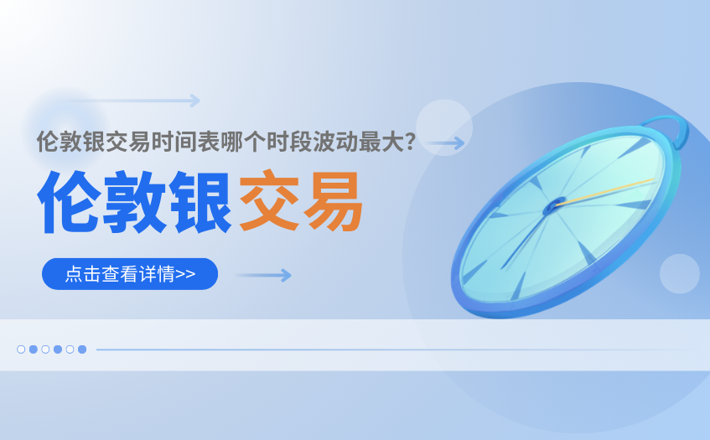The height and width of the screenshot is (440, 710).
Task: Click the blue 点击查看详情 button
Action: pyautogui.click(x=130, y=274)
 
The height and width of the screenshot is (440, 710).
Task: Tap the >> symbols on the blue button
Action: pyautogui.click(x=185, y=274)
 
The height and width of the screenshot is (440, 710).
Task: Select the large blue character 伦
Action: pyautogui.click(x=69, y=202)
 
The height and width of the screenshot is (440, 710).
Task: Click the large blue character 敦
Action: pyautogui.click(x=134, y=202)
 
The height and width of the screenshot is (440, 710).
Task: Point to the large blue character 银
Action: pyautogui.click(x=200, y=202)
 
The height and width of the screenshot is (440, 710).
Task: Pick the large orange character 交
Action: pyautogui.click(x=269, y=200)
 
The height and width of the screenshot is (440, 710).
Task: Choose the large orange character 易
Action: pyautogui.click(x=333, y=201)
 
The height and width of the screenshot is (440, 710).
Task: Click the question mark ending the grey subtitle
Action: pyautogui.click(x=411, y=142)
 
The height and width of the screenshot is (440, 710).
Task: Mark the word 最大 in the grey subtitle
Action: pyautogui.click(x=381, y=142)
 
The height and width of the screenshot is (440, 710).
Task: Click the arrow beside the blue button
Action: pyautogui.click(x=263, y=275)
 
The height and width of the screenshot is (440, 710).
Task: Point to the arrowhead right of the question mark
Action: pyautogui.click(x=459, y=143)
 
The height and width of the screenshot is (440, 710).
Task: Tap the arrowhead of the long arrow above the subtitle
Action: pyautogui.click(x=195, y=101)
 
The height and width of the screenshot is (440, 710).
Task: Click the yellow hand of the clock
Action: pyautogui.click(x=605, y=193)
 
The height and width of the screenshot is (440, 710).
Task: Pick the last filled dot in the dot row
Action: pyautogui.click(x=82, y=349)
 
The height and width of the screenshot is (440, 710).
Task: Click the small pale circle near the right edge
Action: pyautogui.click(x=680, y=274)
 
